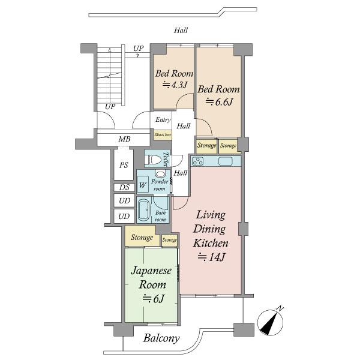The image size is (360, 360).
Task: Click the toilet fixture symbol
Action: pos(154,160)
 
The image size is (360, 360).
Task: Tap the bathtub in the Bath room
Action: pos(144,211)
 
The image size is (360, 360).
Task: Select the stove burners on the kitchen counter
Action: pos(197,161)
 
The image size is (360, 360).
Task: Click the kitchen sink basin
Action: pos(226,161)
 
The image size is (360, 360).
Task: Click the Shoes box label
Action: pos(163,135)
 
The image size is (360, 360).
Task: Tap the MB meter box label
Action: pos(124,139)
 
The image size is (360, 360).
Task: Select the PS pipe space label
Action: pos(124,165)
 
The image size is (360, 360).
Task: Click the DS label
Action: pos(124,187)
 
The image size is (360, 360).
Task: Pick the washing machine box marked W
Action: pos(143,185)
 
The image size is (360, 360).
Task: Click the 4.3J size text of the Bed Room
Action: pos(175,85)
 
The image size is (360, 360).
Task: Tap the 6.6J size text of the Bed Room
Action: pos(219,101)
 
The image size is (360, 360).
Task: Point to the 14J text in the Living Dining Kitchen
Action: pos(211,257)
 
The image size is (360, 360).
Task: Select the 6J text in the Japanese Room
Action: pos(153,299)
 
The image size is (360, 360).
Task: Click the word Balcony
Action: pos(161,338)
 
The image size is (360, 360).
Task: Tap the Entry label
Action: pos(163,119)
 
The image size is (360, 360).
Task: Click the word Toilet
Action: pos(166,159)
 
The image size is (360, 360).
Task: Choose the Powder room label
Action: pos(160,185)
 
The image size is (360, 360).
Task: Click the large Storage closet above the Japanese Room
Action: pos(142,236)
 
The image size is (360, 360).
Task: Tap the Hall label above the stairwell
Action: pos(181,31)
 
